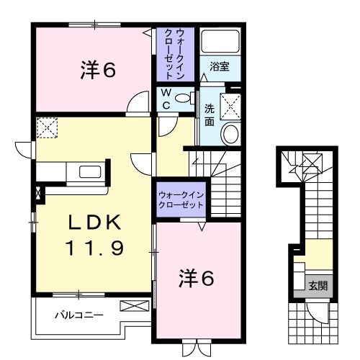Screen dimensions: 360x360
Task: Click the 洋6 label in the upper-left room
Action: [98, 71]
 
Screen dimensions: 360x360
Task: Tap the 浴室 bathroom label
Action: [220, 66]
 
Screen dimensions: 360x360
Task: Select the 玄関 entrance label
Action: [318, 286]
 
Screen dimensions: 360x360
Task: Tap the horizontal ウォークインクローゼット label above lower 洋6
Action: [181, 199]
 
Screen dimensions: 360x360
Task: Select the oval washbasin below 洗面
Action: [231, 134]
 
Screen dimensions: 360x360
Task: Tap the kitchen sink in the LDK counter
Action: [90, 171]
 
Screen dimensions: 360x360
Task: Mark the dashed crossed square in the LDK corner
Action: [47, 128]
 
